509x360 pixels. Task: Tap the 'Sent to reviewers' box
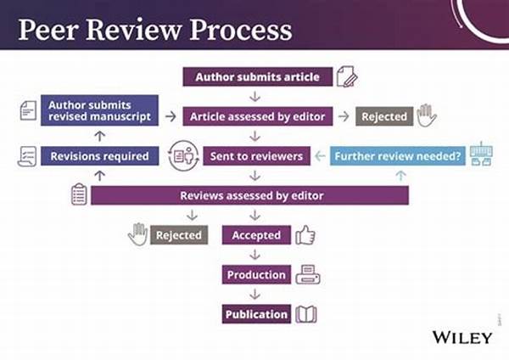tap(255, 156)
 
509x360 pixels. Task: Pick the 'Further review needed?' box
tap(398, 156)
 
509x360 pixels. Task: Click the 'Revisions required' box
tap(99, 156)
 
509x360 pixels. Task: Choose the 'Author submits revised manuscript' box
tap(99, 110)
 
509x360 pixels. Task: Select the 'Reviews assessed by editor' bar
tap(250, 196)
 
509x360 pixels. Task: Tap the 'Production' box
tap(256, 275)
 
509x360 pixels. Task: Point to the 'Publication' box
tap(256, 314)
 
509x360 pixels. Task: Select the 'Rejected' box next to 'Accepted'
tap(179, 235)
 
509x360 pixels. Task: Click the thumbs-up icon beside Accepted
tap(305, 234)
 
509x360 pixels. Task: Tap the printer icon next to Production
tap(307, 274)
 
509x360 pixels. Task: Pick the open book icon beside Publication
tap(306, 314)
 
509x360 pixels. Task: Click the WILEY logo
tap(461, 337)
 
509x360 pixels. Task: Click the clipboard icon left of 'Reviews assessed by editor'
tap(79, 194)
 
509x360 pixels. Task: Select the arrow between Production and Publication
tap(256, 295)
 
